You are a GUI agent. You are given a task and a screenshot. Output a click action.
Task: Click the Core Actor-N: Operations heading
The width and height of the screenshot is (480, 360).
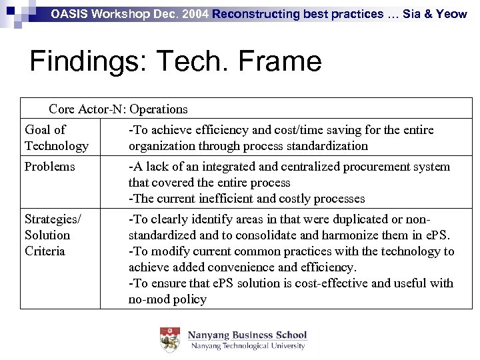(118, 109)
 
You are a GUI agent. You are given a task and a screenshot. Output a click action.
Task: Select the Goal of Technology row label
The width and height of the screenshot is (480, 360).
(56, 137)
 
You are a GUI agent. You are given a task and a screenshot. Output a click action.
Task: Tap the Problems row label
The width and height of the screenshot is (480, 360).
(49, 167)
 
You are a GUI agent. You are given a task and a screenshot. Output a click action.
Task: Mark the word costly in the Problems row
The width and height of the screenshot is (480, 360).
(299, 199)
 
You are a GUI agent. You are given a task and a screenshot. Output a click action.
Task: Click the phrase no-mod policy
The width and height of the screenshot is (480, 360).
(167, 299)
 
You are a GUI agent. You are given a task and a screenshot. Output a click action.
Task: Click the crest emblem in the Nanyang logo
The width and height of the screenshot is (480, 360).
(170, 339)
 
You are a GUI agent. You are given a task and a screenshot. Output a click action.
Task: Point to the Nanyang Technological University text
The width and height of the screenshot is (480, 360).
(247, 346)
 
